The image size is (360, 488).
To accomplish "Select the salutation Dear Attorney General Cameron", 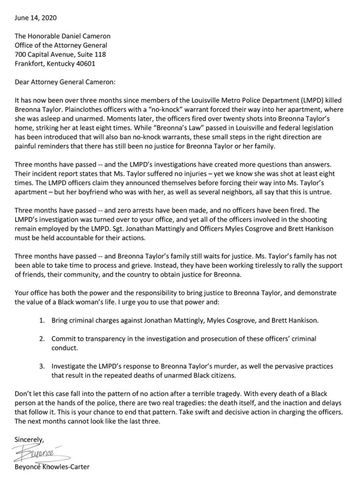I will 65,82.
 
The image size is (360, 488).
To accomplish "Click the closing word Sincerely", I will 29,440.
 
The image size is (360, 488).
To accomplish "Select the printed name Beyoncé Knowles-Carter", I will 52,467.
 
